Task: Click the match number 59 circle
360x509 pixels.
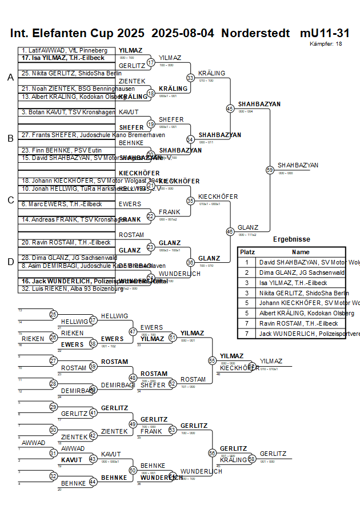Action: [x=270, y=170]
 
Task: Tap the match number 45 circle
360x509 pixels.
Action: [x=230, y=108]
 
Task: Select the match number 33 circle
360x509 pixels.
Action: [x=190, y=77]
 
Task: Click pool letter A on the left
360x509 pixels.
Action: [x=10, y=78]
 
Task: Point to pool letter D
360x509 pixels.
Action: [x=10, y=262]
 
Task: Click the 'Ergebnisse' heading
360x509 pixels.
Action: [x=291, y=239]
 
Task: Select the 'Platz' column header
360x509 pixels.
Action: [x=247, y=252]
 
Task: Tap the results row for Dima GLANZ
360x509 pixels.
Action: [x=291, y=272]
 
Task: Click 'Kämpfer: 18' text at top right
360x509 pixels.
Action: [x=326, y=43]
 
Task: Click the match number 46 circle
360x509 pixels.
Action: [x=230, y=231]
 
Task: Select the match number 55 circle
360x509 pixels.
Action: [x=212, y=360]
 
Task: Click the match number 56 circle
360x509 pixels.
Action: [x=212, y=453]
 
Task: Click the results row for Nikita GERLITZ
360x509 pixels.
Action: [x=291, y=293]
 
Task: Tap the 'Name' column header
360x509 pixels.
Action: [x=301, y=252]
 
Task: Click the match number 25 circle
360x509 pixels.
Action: [x=53, y=314]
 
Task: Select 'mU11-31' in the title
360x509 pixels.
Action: [x=325, y=33]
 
